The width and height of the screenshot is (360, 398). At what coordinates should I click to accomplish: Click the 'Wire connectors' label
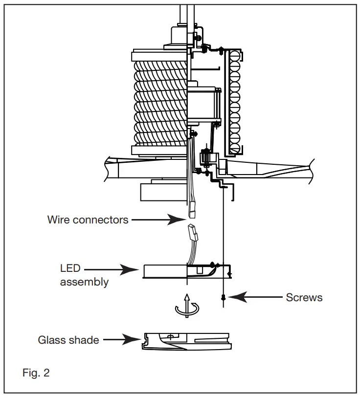(x=88, y=220)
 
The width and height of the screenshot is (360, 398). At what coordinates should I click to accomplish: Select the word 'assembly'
(x=84, y=282)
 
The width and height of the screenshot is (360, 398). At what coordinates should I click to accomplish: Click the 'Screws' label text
(x=304, y=297)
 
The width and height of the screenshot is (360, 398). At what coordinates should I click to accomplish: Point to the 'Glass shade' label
(x=68, y=339)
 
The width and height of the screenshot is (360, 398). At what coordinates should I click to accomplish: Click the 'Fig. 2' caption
(x=36, y=373)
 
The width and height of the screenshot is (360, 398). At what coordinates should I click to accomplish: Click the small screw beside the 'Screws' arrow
(x=223, y=297)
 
